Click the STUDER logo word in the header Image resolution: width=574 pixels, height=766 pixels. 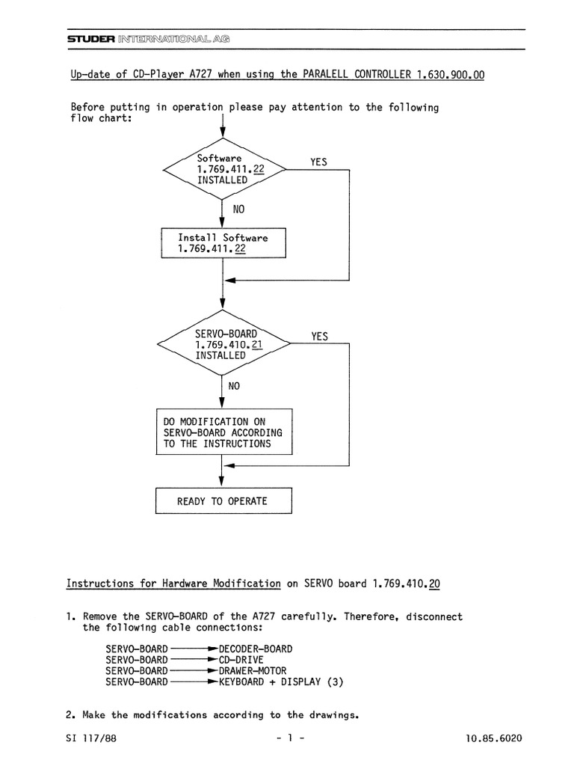91,39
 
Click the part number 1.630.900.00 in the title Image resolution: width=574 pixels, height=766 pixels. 451,75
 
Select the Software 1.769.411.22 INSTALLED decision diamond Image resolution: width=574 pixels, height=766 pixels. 224,169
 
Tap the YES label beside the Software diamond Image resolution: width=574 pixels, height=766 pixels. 318,162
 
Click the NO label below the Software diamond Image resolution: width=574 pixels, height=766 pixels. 238,209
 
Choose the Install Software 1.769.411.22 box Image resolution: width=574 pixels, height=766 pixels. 223,243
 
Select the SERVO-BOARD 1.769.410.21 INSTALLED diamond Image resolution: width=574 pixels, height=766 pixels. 223,343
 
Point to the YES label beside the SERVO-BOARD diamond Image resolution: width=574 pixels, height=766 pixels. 320,336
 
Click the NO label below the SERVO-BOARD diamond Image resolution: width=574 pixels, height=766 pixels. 234,386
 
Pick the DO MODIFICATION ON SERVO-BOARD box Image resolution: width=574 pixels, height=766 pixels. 224,432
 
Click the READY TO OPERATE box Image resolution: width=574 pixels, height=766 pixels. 223,500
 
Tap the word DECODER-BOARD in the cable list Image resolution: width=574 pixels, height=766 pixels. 256,649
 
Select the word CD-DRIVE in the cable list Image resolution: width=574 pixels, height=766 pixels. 241,660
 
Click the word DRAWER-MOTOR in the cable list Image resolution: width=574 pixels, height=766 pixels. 253,671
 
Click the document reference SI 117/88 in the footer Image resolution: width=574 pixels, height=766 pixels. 91,738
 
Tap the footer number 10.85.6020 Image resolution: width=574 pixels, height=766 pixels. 493,738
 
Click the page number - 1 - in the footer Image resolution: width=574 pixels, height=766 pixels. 291,738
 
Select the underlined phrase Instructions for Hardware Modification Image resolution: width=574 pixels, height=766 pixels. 173,583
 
